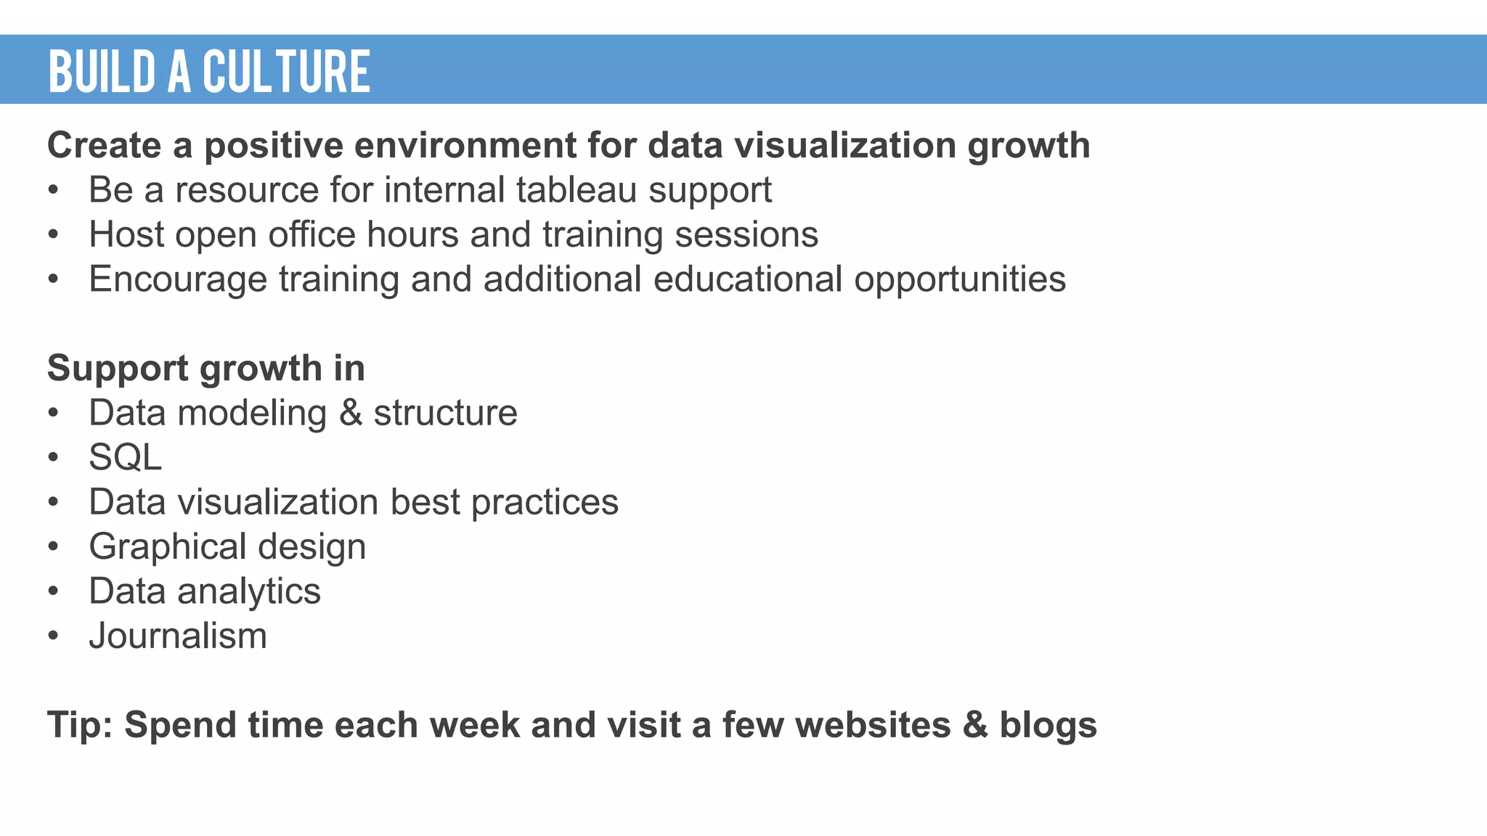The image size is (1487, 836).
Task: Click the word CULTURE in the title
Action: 286,72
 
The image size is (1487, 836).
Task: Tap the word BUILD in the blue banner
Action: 102,72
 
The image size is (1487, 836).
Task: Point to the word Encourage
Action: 178,280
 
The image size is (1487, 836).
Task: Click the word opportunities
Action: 959,280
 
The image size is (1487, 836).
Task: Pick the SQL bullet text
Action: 125,458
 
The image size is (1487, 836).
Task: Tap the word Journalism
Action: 178,636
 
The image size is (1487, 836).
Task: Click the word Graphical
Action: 168,547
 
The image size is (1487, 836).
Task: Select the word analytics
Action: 249,591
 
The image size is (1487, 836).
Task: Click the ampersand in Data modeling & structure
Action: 351,413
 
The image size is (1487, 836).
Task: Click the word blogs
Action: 1048,725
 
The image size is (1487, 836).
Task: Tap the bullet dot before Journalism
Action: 53,636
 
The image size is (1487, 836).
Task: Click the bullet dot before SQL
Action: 53,458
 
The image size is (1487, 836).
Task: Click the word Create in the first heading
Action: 104,145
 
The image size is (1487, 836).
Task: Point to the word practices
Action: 545,503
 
